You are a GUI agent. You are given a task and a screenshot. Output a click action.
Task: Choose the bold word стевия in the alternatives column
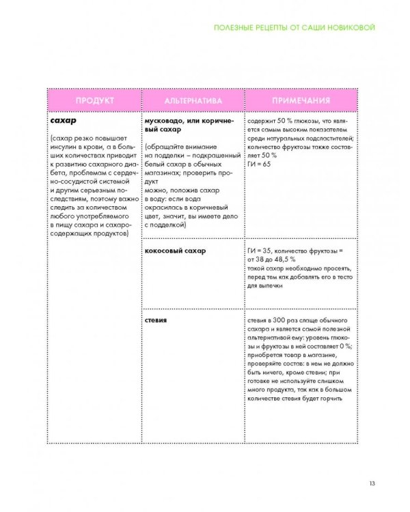[156, 319]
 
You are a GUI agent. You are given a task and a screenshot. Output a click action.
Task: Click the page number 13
[371, 484]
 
